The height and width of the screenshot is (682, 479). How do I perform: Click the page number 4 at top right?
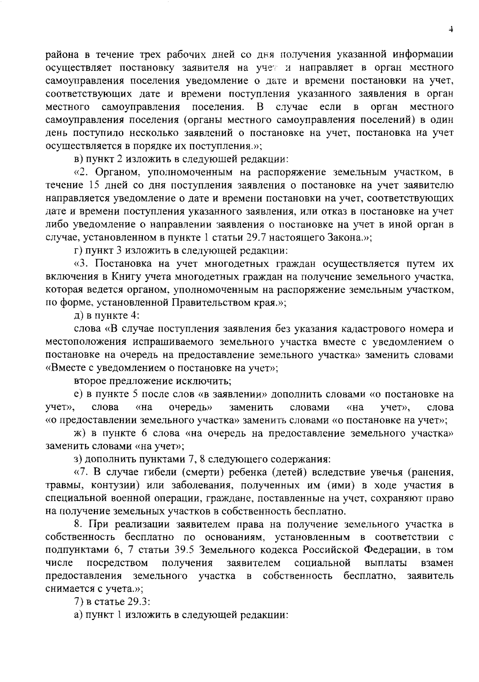click(x=450, y=29)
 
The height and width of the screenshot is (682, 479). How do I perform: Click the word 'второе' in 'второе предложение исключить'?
click(x=89, y=381)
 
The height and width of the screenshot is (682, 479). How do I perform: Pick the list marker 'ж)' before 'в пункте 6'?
click(x=80, y=433)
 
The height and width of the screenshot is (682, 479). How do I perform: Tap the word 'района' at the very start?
click(x=59, y=55)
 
